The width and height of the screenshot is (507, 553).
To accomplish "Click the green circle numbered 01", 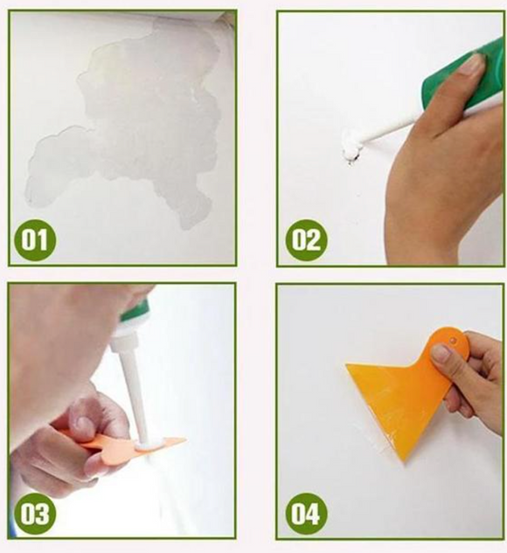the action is pyautogui.click(x=35, y=240).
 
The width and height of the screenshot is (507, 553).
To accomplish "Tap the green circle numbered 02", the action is pyautogui.click(x=306, y=240).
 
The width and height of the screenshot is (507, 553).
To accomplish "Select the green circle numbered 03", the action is pyautogui.click(x=35, y=513).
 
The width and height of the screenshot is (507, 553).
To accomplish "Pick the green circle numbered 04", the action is pyautogui.click(x=306, y=513).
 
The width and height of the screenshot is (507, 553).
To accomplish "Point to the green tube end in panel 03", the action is pyautogui.click(x=135, y=310).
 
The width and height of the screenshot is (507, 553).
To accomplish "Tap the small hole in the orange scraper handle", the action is pyautogui.click(x=454, y=341).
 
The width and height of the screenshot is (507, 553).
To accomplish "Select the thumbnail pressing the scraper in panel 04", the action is pyautogui.click(x=441, y=354).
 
